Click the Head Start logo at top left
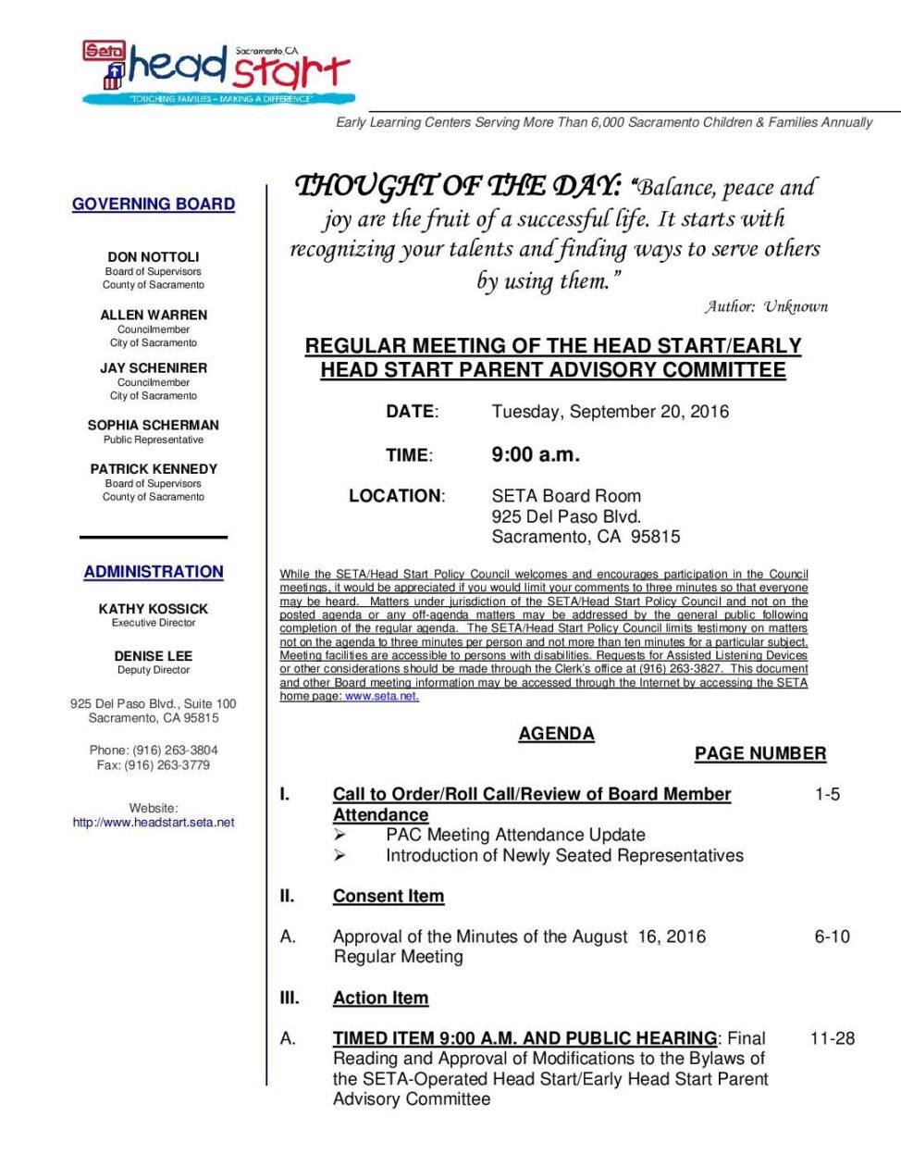click(x=216, y=72)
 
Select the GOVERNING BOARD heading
click(x=154, y=204)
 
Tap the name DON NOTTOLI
click(x=154, y=256)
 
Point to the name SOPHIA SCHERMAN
click(x=154, y=425)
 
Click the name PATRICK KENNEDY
click(x=154, y=469)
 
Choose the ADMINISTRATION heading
click(x=154, y=572)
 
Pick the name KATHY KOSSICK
click(x=154, y=609)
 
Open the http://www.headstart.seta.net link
click(x=154, y=822)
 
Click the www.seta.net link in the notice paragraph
click(x=381, y=697)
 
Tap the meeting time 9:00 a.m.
click(x=536, y=454)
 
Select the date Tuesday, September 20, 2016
click(x=610, y=412)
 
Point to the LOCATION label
click(x=396, y=496)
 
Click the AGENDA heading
click(x=556, y=734)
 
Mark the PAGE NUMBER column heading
click(x=760, y=753)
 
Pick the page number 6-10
click(x=832, y=937)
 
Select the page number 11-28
click(x=832, y=1038)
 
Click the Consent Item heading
click(x=389, y=896)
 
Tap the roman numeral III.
click(x=290, y=998)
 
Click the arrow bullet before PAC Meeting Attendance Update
click(x=339, y=835)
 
